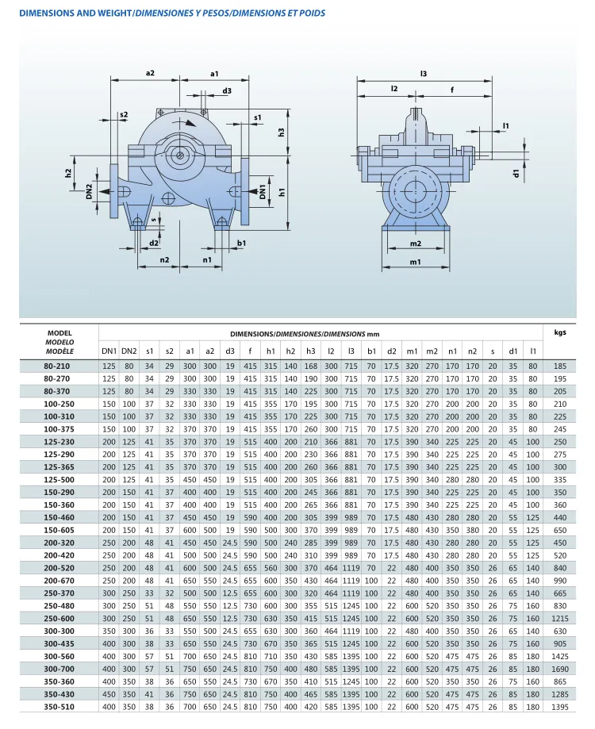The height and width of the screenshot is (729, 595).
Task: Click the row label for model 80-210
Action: click(59, 366)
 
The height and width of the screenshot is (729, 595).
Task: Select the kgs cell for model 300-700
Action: click(560, 670)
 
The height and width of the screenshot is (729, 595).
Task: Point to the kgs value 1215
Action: click(560, 618)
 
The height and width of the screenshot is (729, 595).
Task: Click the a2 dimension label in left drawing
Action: click(150, 73)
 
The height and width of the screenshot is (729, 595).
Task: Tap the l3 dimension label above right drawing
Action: click(424, 73)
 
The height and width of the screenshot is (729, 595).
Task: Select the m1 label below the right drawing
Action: click(415, 262)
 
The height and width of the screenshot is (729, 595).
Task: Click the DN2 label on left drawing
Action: click(90, 190)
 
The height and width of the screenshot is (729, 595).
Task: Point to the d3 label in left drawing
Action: click(227, 91)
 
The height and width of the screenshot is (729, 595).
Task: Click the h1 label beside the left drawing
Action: click(282, 192)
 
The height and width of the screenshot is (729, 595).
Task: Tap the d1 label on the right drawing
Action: click(516, 172)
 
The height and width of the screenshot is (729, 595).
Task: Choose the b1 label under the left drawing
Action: click(241, 243)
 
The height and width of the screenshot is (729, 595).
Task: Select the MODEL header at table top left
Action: click(59, 333)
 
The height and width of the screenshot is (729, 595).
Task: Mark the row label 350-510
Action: click(59, 706)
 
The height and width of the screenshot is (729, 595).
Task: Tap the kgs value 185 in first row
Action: click(560, 366)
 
